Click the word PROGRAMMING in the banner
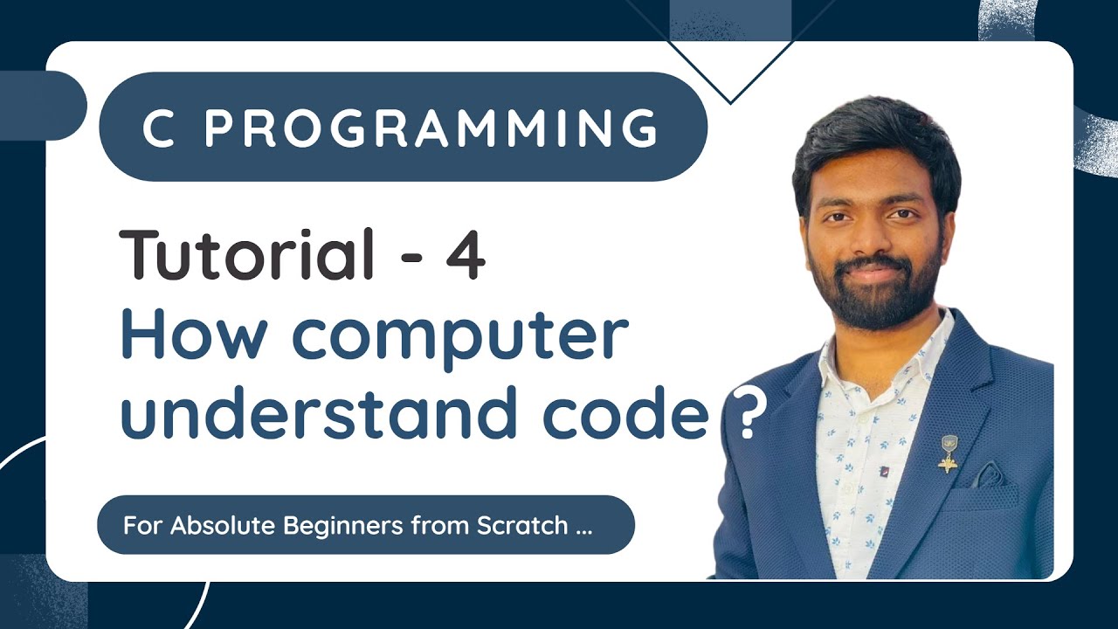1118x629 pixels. click(431, 128)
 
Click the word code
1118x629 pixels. click(624, 414)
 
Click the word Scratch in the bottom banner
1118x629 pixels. click(522, 526)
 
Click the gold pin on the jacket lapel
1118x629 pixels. click(947, 455)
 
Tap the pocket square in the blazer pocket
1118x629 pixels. click(988, 476)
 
